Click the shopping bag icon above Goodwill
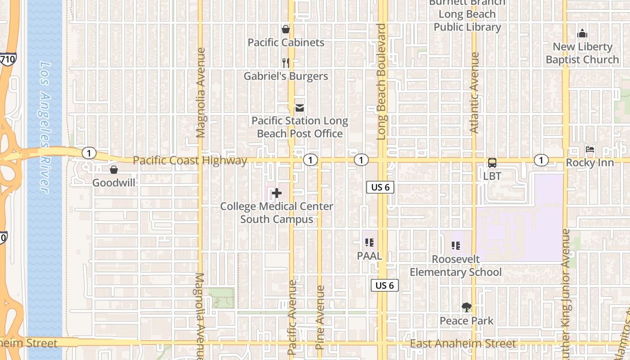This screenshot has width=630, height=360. [114, 170]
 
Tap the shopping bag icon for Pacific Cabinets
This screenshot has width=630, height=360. [285, 30]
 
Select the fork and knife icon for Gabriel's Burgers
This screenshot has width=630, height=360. [285, 63]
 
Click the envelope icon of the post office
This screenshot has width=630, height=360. [299, 108]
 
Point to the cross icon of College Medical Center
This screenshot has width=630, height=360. [277, 193]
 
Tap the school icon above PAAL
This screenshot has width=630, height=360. [369, 243]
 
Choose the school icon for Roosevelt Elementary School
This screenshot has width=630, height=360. [455, 246]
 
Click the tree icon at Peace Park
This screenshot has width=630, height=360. [467, 308]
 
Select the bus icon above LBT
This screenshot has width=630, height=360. [492, 163]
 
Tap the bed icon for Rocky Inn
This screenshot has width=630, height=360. [589, 149]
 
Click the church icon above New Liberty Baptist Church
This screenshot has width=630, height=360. [582, 34]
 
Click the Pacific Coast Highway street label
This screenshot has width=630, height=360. [190, 161]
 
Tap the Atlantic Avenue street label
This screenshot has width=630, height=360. [474, 92]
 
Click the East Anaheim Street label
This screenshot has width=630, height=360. [463, 344]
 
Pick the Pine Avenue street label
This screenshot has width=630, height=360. [320, 317]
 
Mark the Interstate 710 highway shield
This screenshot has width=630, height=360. [8, 58]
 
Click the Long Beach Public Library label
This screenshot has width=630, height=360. [467, 21]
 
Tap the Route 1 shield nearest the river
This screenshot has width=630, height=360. [89, 153]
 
